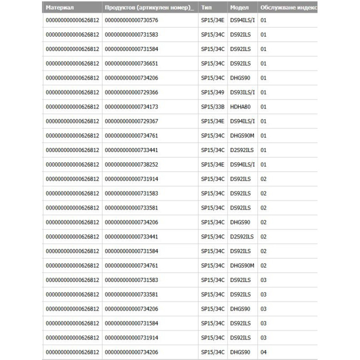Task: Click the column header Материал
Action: click(59, 8)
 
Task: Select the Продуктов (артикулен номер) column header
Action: click(149, 8)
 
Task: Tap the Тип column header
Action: click(206, 8)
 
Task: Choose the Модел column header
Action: click(239, 8)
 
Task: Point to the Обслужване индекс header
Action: click(288, 8)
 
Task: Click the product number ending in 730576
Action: click(132, 20)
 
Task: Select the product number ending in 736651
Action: click(132, 63)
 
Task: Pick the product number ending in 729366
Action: click(132, 92)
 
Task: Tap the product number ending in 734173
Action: click(132, 107)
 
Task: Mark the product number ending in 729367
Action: click(132, 121)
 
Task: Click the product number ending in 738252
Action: click(132, 164)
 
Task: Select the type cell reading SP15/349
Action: click(212, 92)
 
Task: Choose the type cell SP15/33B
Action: click(212, 107)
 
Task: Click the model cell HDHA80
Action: click(240, 107)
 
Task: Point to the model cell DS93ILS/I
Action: click(242, 92)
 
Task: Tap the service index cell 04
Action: click(263, 352)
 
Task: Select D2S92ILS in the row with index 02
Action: click(241, 236)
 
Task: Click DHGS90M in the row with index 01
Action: click(242, 135)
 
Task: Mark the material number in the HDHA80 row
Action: click(72, 107)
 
